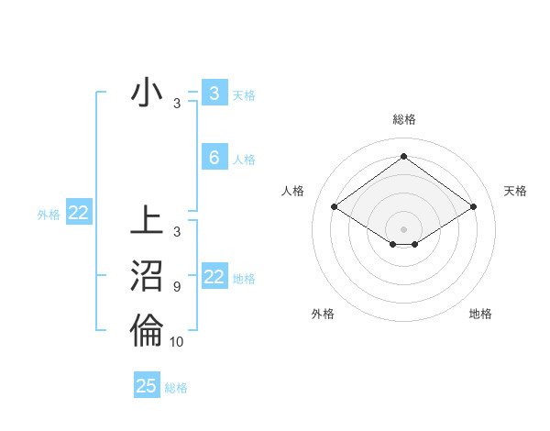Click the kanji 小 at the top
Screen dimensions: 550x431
point(147,94)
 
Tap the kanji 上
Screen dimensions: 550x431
point(147,224)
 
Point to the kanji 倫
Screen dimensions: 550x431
point(147,331)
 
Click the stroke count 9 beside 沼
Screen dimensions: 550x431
point(177,287)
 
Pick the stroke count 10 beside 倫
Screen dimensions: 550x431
point(177,342)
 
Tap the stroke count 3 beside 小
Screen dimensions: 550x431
point(177,104)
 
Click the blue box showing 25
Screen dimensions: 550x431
point(147,386)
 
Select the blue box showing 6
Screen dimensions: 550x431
point(214,158)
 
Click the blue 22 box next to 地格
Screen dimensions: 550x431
point(214,277)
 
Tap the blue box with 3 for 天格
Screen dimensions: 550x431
point(214,94)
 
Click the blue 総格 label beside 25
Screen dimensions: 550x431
point(176,388)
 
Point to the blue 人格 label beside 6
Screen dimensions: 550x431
point(244,160)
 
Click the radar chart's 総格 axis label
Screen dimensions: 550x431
point(403,119)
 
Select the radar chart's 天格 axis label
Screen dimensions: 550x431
point(515,191)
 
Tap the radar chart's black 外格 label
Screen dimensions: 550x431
point(323,314)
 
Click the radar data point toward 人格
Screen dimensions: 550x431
point(335,207)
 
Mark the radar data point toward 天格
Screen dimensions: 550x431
point(473,207)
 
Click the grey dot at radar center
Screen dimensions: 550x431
point(403,228)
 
